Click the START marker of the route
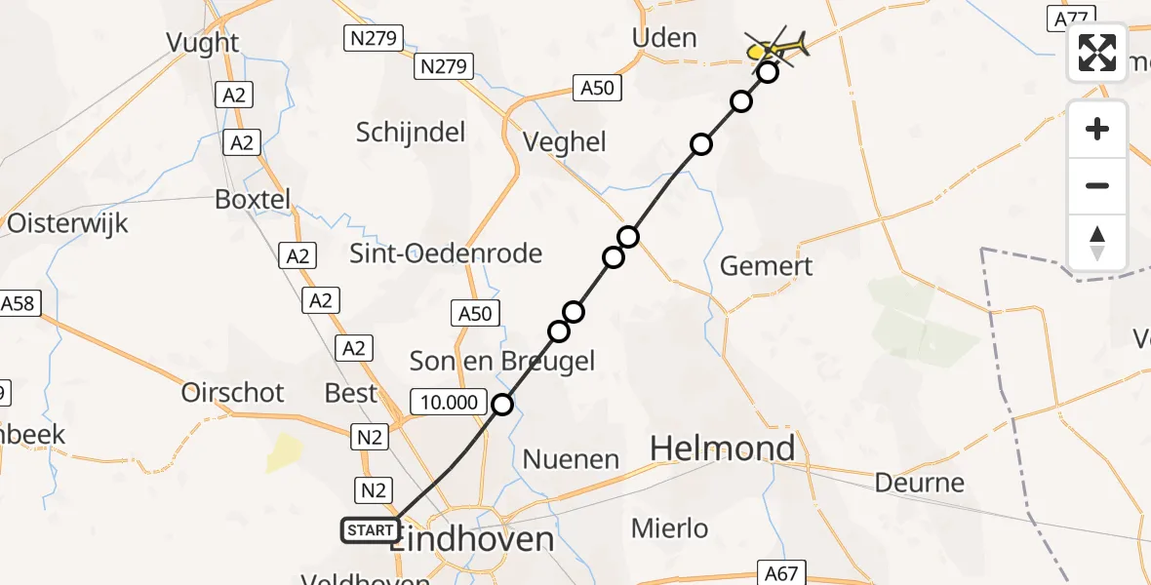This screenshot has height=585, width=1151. (x=371, y=530)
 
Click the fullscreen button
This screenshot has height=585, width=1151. (x=1097, y=53)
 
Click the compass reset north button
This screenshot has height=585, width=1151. (x=1097, y=243)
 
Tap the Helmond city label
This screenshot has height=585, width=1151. (x=723, y=448)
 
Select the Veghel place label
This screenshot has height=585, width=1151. (x=565, y=142)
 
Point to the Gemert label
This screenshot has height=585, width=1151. (x=766, y=265)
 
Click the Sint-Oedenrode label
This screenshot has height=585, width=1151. (x=447, y=253)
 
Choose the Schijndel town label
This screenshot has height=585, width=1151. (x=411, y=133)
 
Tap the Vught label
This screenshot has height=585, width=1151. (x=203, y=43)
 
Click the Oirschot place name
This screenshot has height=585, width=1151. (x=233, y=393)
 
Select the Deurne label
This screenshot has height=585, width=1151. (x=919, y=483)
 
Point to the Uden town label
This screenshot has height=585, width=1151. (x=664, y=38)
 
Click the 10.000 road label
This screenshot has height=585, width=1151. (x=450, y=402)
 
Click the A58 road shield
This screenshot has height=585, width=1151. (x=18, y=303)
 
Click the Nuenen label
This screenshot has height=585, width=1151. (x=571, y=458)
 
